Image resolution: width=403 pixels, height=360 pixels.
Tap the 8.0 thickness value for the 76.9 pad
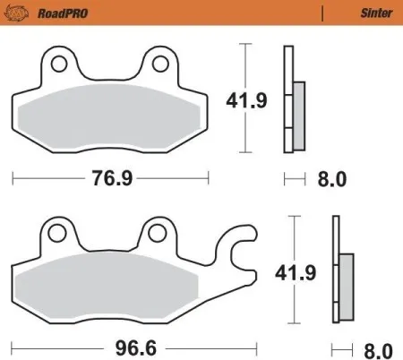[331, 179]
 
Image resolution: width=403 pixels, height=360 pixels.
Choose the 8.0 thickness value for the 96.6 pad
[377, 346]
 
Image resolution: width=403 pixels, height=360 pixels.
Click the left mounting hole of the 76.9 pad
[60, 64]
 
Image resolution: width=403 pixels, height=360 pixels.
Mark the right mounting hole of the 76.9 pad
[161, 64]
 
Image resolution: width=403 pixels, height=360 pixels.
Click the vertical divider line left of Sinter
[322, 13]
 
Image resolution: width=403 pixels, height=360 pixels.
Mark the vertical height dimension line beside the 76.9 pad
[242, 99]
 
